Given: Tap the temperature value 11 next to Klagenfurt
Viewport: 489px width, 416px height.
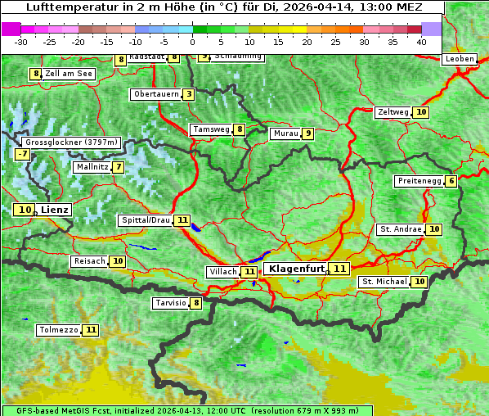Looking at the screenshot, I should (x=339, y=269).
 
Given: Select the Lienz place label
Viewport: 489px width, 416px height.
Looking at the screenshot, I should (x=55, y=210).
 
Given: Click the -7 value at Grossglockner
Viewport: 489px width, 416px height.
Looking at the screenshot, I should (x=22, y=154).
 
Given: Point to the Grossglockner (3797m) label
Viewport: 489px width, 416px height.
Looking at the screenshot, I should (x=72, y=142).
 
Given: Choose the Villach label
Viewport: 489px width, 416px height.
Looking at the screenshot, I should (x=223, y=272).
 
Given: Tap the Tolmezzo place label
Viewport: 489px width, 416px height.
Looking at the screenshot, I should (x=58, y=331).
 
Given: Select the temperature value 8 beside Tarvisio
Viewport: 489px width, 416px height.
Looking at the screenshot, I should (x=195, y=304).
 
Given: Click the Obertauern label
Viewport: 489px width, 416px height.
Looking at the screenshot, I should (x=156, y=94).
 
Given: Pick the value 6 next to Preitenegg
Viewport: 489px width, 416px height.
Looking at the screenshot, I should (x=451, y=181).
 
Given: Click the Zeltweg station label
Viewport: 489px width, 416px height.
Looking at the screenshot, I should (x=393, y=112).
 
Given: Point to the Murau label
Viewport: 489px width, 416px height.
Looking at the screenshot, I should (x=285, y=133).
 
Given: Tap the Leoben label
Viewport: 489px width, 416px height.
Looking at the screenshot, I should (x=460, y=59).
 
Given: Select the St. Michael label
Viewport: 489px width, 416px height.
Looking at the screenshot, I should (x=384, y=282).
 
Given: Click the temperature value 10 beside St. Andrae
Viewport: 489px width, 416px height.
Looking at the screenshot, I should (x=433, y=229).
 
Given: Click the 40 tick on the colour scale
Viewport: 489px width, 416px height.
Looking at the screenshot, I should (x=421, y=42).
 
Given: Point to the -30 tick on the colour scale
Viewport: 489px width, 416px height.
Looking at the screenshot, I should (x=21, y=42).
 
